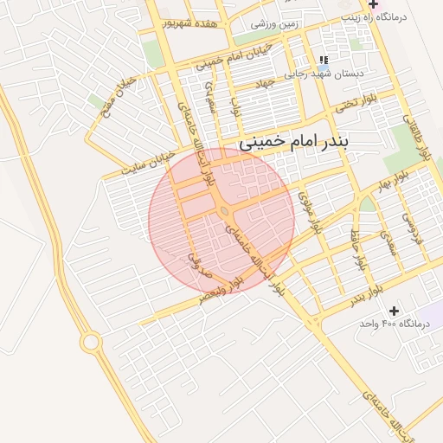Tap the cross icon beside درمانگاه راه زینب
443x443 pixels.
click(372, 4)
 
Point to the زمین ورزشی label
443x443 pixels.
click(274, 25)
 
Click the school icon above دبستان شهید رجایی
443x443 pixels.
click(323, 60)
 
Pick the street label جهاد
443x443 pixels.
click(264, 84)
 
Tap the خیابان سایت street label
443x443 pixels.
click(148, 163)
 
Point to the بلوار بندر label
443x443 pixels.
click(366, 299)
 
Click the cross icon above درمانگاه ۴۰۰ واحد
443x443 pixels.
click(395, 310)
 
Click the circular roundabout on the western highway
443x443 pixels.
click(90, 343)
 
